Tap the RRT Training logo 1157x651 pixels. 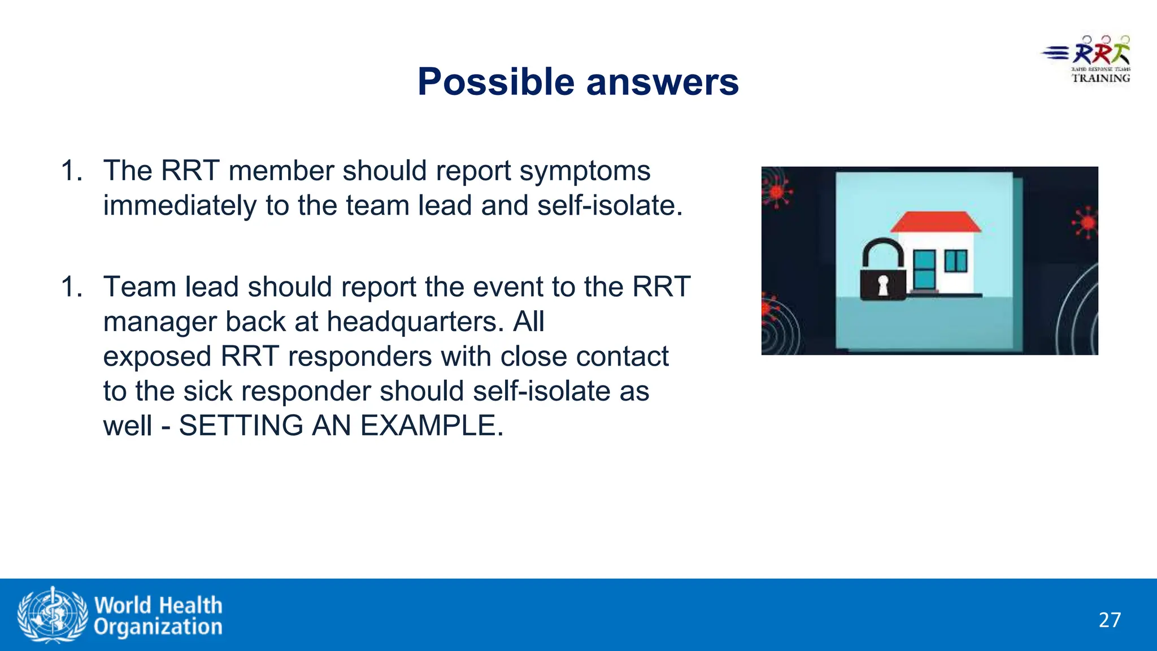[x=1088, y=60]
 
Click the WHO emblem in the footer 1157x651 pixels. [x=53, y=615]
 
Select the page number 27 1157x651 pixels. [x=1110, y=620]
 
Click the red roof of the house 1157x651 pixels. [x=936, y=222]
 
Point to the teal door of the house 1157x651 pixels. [x=924, y=270]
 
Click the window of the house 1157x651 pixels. [x=956, y=261]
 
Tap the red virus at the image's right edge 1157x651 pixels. [x=1086, y=222]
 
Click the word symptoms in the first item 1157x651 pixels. [x=585, y=171]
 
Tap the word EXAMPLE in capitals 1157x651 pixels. [x=432, y=426]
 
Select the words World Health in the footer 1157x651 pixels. [x=158, y=605]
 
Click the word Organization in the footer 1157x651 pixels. [x=158, y=627]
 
